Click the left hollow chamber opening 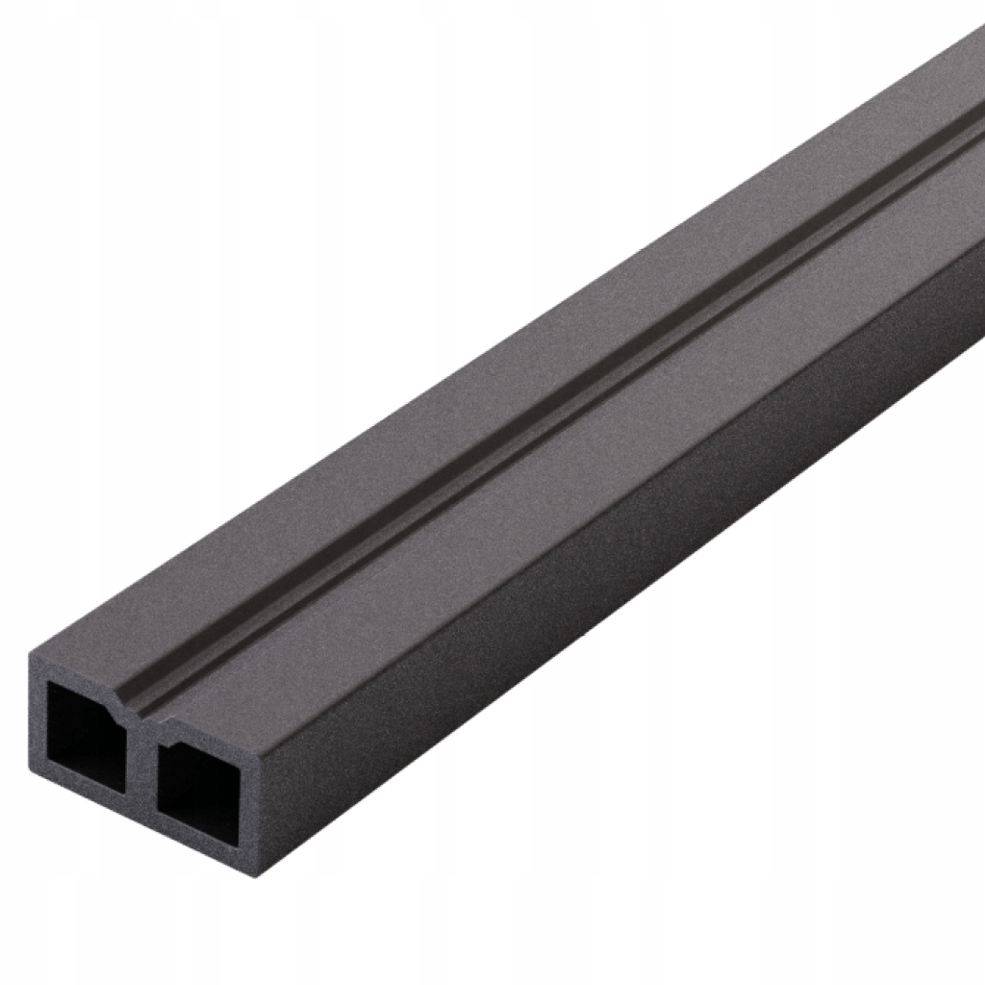click(85, 736)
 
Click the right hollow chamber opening click(198, 784)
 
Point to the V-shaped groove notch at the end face click(135, 710)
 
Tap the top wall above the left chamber click(77, 673)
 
